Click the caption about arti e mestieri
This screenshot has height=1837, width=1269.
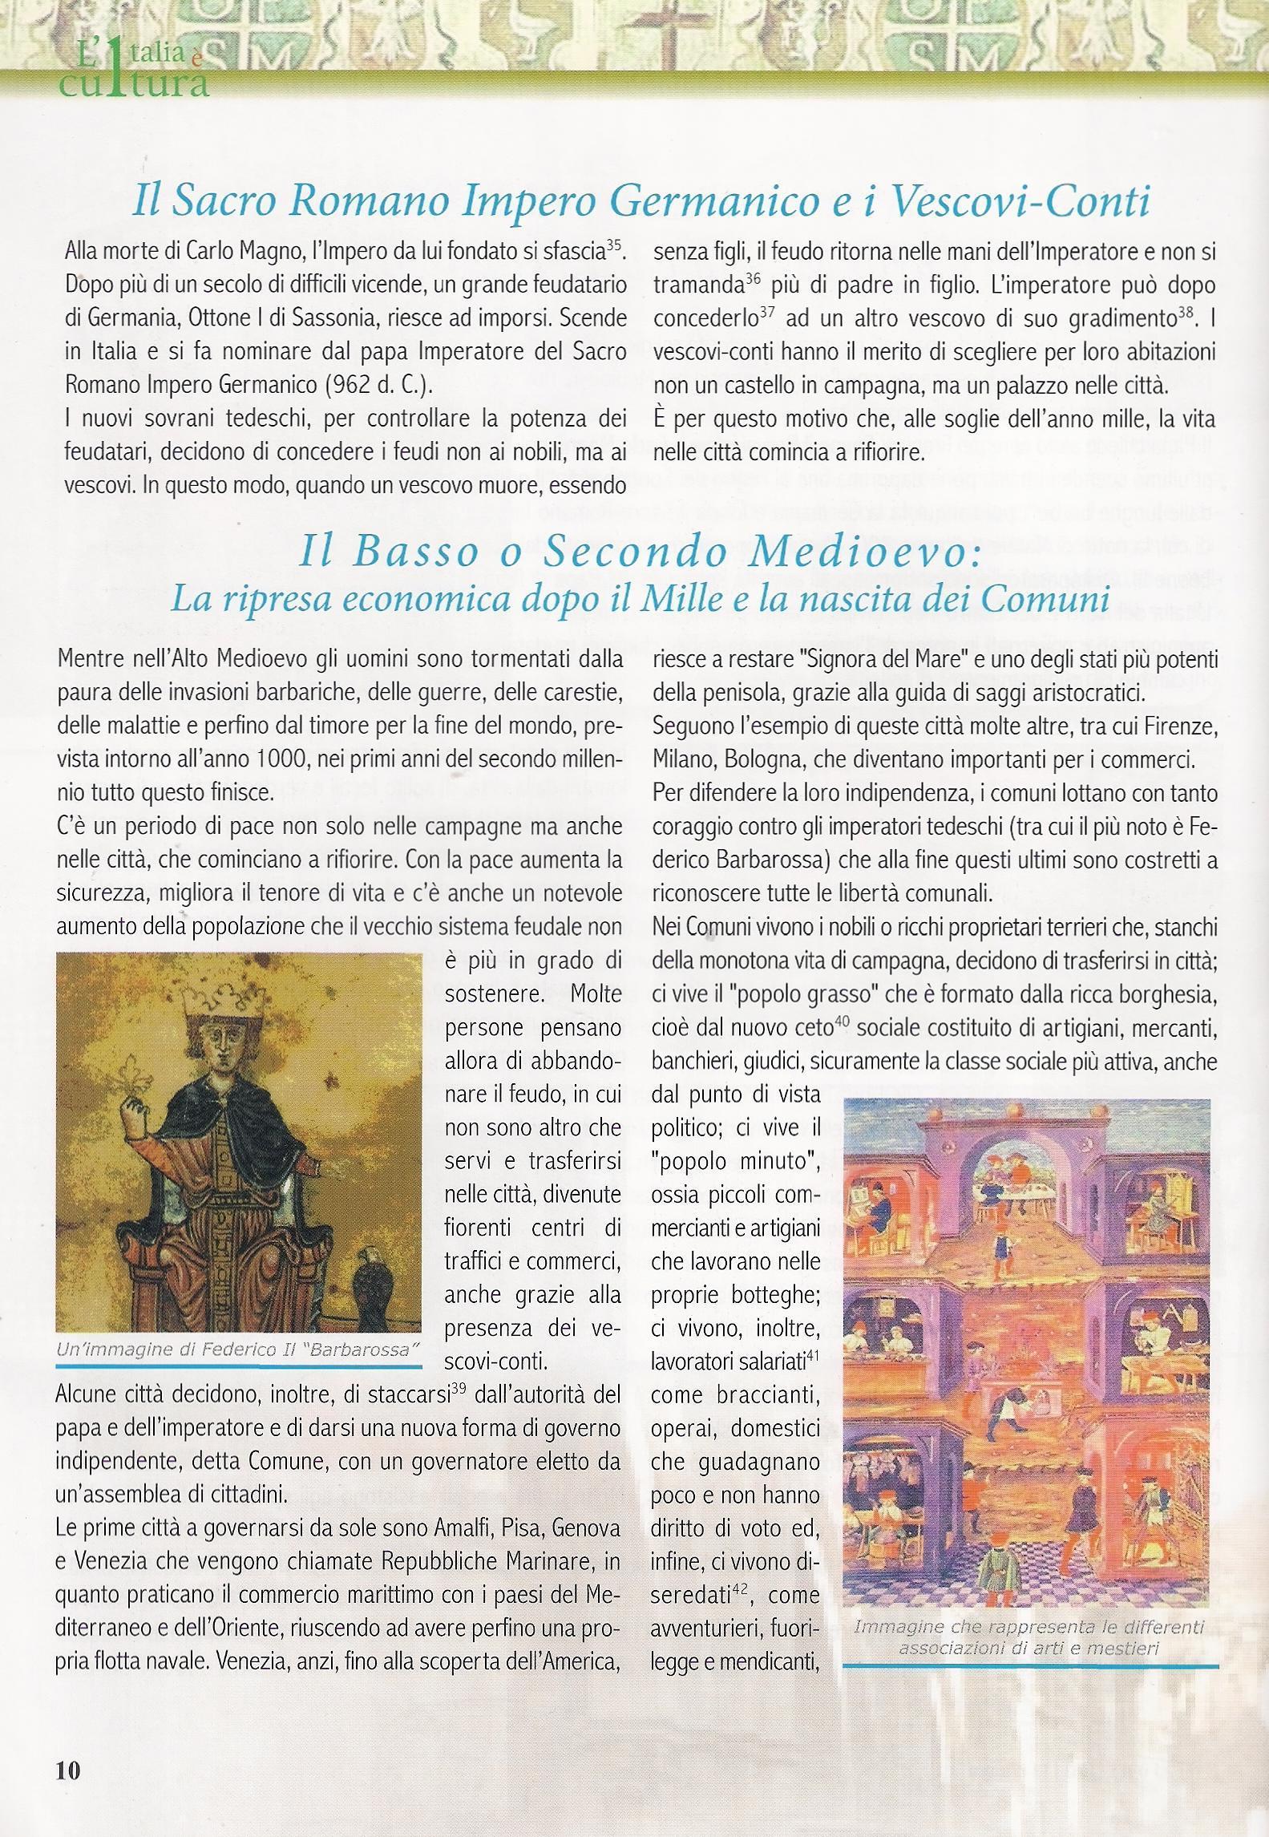pos(1029,1637)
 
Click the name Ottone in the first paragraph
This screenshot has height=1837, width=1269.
pos(221,318)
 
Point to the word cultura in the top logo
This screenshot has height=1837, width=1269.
pos(132,81)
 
